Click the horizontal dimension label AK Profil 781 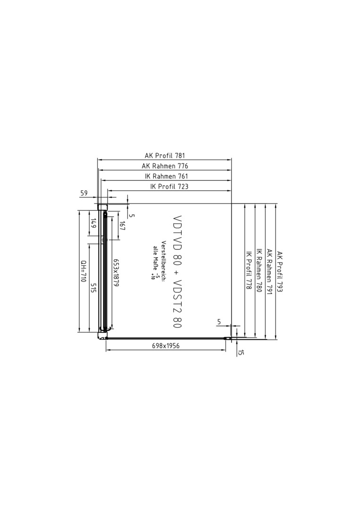tap(165, 156)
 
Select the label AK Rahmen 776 tap(165, 166)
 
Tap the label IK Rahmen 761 tap(167, 177)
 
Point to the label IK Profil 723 tap(169, 187)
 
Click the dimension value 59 tap(84, 193)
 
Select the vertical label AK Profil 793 tap(280, 271)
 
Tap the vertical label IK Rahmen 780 tap(259, 271)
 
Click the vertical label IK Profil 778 tap(249, 270)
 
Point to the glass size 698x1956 tap(166, 346)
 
